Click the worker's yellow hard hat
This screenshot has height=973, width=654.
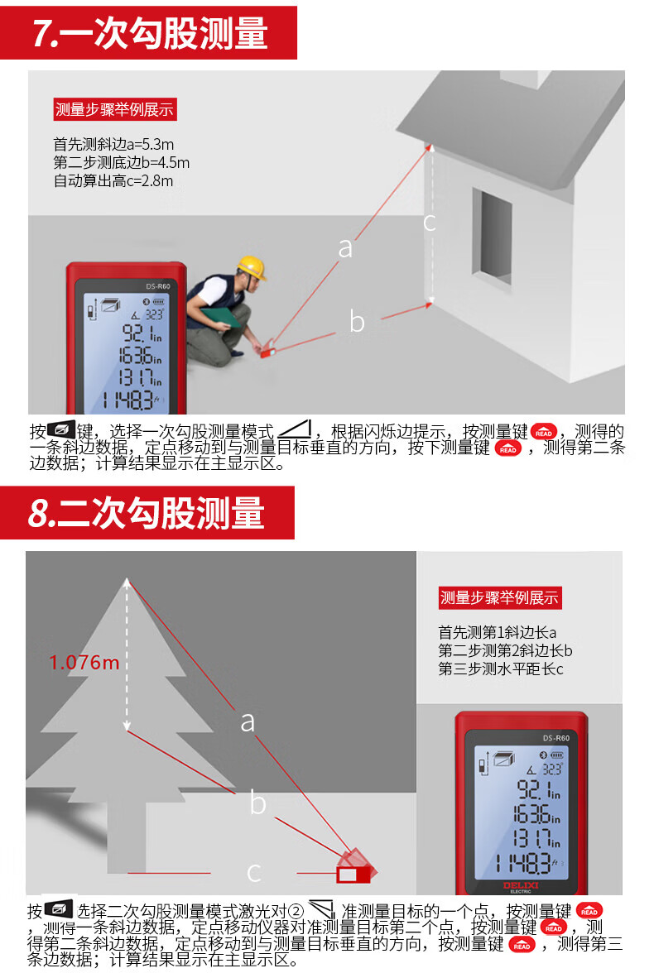pyautogui.click(x=251, y=267)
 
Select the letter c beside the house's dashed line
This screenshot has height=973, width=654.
pyautogui.click(x=430, y=222)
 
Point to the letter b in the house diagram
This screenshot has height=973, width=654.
pyautogui.click(x=357, y=321)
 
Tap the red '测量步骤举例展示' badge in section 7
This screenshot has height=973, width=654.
pyautogui.click(x=115, y=109)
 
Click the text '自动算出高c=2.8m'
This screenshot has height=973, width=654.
pyautogui.click(x=113, y=180)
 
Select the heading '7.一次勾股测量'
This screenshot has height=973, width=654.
pyautogui.click(x=149, y=33)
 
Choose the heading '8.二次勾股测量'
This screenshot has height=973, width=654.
pyautogui.click(x=146, y=513)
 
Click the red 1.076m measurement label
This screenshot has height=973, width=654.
pyautogui.click(x=84, y=663)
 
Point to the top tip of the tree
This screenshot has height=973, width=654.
pyautogui.click(x=127, y=579)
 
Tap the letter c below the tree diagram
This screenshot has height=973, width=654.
pyautogui.click(x=253, y=872)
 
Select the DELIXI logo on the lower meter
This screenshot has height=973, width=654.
pyautogui.click(x=521, y=885)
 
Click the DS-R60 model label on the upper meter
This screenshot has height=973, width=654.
pyautogui.click(x=158, y=286)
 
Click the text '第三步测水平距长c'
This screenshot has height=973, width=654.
pyautogui.click(x=501, y=669)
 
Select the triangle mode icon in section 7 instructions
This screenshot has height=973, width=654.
pyautogui.click(x=295, y=429)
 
